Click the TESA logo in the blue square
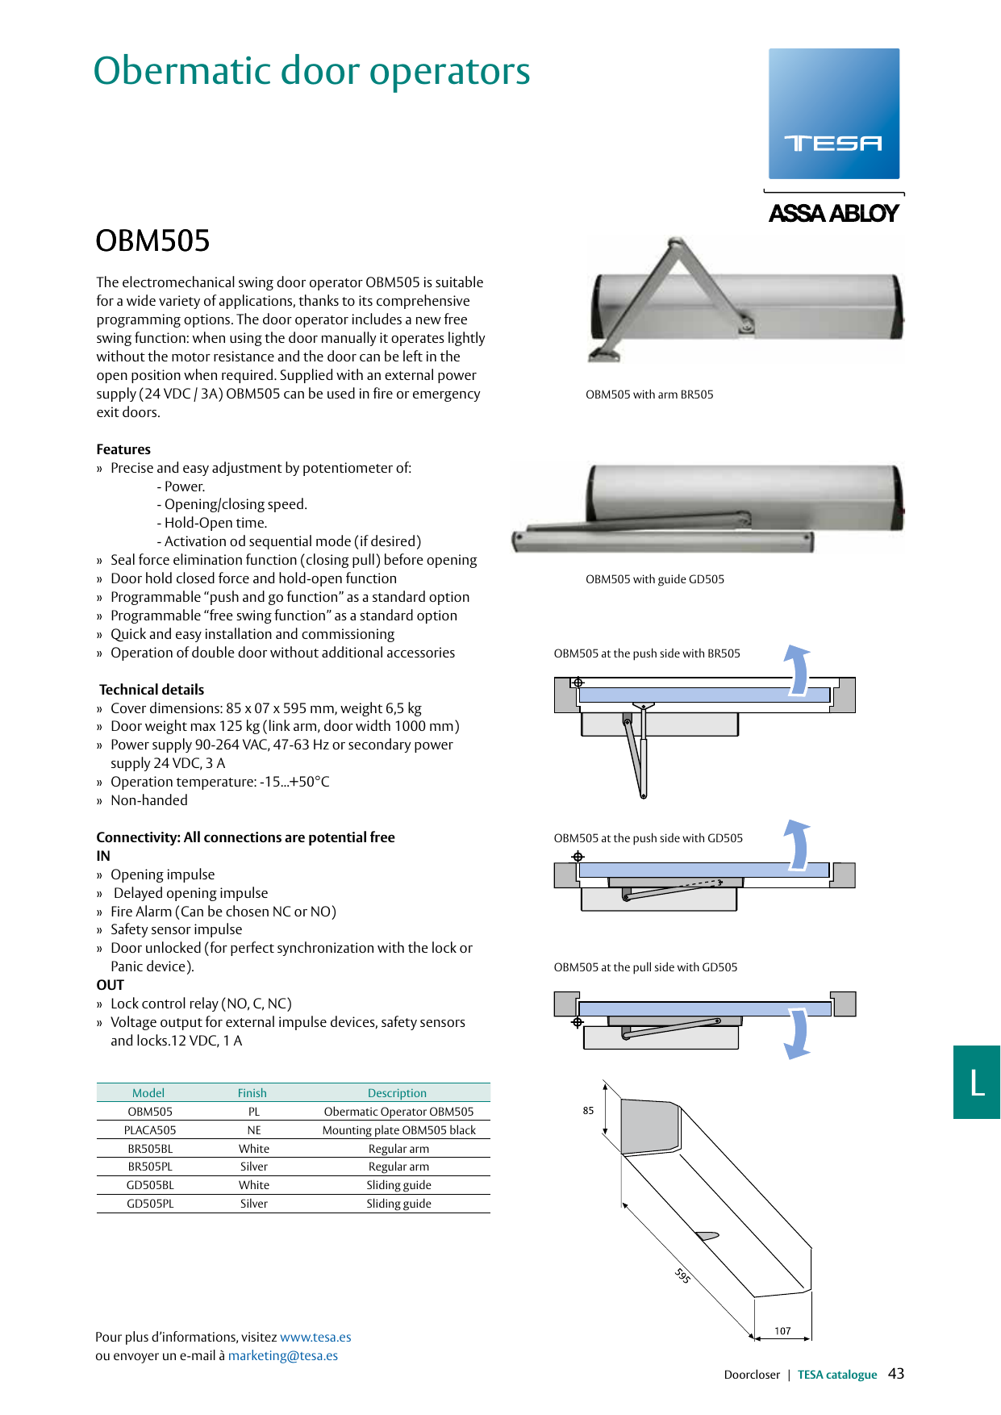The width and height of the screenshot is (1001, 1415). tap(833, 143)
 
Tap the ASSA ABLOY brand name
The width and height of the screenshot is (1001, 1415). tap(833, 214)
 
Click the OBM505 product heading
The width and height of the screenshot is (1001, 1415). tap(152, 240)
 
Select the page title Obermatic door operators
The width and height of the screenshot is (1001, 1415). tap(311, 71)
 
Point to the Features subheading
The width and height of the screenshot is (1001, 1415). tap(123, 449)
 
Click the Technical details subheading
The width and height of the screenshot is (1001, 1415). tap(152, 690)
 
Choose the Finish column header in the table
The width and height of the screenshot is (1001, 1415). tap(252, 1093)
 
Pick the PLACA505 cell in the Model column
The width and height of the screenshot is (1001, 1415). tap(150, 1130)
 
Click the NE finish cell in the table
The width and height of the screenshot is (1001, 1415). tap(254, 1130)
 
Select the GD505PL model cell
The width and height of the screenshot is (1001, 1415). tap(150, 1204)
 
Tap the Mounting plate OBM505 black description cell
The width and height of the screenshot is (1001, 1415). tap(398, 1130)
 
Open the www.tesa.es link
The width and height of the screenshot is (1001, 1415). tap(315, 1337)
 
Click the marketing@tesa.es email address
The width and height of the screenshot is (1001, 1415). tap(282, 1355)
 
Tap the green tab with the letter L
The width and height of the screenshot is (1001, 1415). tap(977, 1082)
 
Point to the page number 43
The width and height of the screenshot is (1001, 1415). tap(896, 1374)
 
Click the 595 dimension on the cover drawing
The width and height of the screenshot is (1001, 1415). tap(682, 1275)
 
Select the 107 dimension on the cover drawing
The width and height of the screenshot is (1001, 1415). tap(782, 1331)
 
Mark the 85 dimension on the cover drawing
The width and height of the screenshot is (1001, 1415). tap(588, 1111)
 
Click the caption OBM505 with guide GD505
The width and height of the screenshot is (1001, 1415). tap(654, 579)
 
